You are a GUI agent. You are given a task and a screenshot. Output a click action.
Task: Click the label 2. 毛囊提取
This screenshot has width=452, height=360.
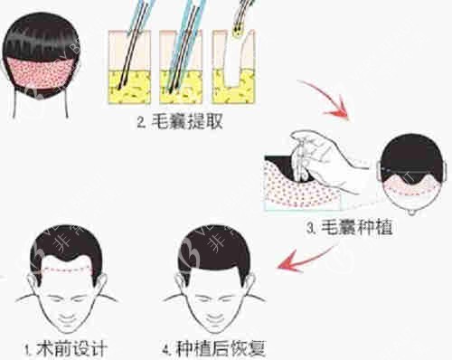point(180,121)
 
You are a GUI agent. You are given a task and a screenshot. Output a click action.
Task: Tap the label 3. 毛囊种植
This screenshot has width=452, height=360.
point(349,227)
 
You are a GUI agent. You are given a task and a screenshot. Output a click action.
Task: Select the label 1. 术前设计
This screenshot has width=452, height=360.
point(66,349)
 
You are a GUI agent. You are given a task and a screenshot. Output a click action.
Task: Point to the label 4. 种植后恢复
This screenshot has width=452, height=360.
point(213,349)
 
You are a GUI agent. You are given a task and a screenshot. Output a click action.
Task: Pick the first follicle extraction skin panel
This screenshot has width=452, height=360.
point(129,67)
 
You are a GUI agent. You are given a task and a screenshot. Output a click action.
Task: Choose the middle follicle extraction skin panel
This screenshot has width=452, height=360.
point(181,67)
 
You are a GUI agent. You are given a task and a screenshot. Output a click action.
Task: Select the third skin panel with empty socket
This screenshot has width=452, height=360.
point(234,67)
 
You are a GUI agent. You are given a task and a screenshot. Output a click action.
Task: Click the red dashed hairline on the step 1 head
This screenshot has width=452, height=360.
point(68,270)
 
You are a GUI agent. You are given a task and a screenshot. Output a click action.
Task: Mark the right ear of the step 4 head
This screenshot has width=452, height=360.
point(250,283)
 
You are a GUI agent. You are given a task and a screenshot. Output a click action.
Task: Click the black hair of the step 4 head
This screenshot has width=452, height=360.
point(214,251)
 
